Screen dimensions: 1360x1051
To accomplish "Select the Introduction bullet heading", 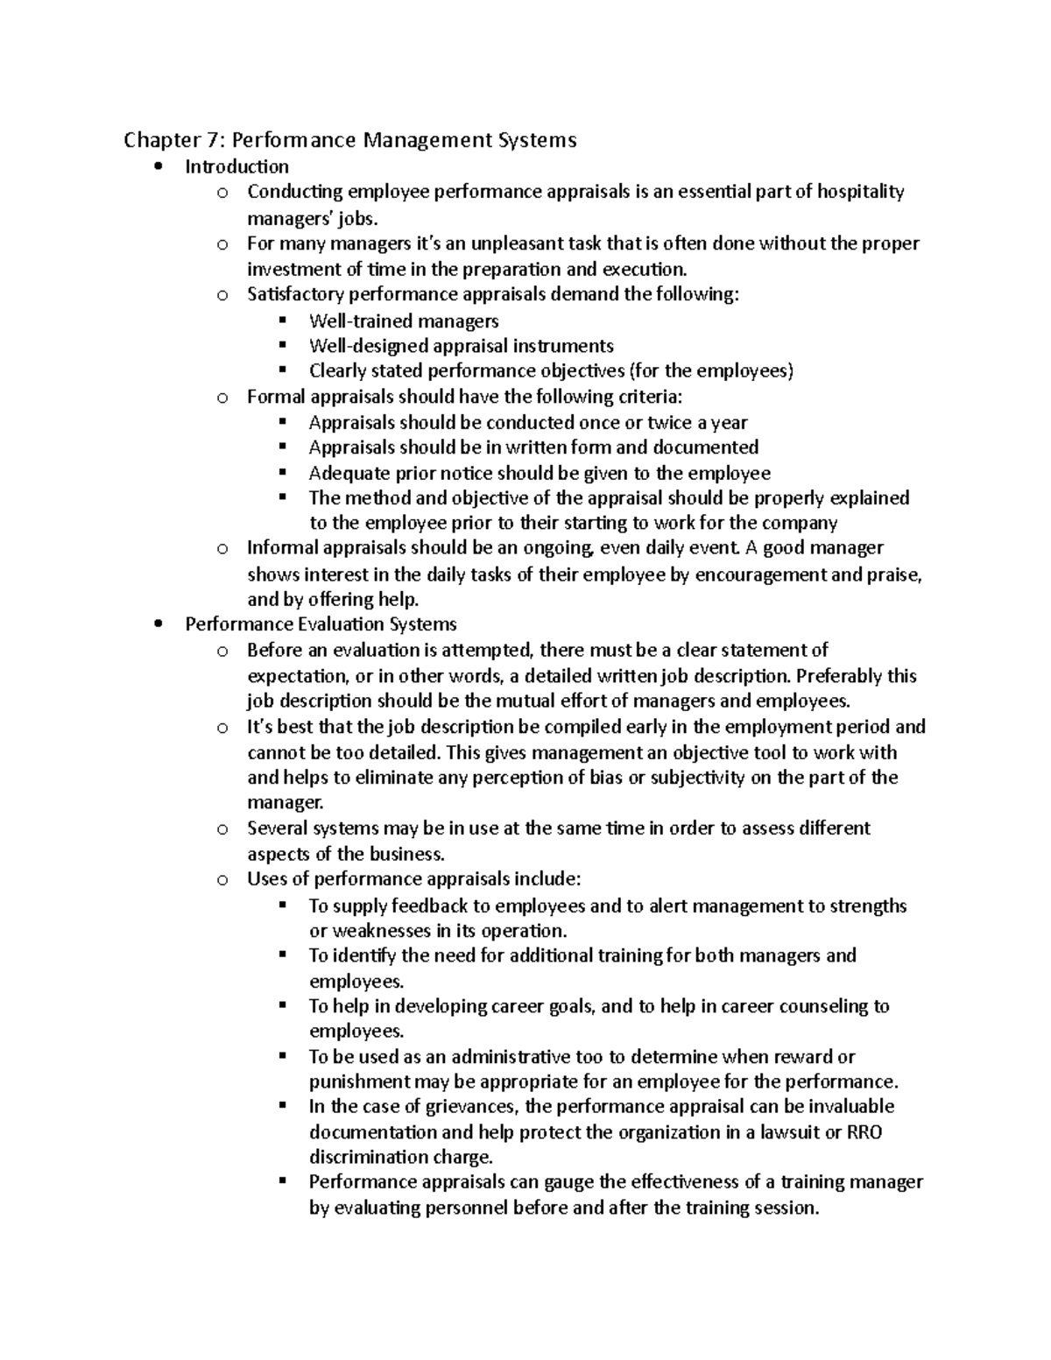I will click(x=236, y=166).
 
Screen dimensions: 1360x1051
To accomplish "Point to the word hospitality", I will click(x=860, y=192).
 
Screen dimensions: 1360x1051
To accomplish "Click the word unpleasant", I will click(x=508, y=243).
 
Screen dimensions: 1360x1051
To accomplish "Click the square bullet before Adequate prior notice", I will click(x=282, y=473).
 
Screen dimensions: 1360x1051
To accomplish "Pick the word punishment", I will click(x=359, y=1082).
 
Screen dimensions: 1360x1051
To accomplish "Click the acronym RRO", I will click(x=865, y=1132).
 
